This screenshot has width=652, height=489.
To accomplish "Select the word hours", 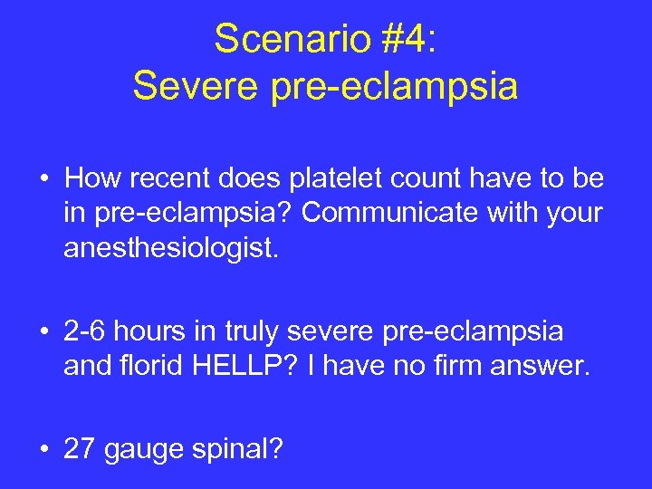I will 147,331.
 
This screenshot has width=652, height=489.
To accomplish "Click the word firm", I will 472,366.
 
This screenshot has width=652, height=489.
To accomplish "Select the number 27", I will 80,448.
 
